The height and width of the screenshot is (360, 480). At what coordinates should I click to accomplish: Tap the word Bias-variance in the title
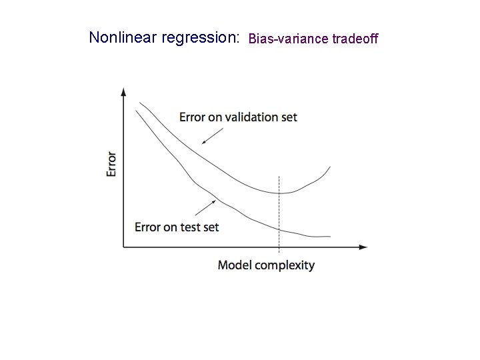tap(287, 39)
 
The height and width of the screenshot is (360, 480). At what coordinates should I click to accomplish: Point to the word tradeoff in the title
tap(355, 39)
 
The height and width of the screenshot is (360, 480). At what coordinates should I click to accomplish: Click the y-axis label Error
tap(112, 164)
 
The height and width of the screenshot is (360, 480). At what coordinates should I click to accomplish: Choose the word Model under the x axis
tap(234, 265)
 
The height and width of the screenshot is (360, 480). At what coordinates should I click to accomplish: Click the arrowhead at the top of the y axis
tap(123, 92)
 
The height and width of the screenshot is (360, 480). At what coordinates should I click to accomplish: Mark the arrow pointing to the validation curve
tap(211, 136)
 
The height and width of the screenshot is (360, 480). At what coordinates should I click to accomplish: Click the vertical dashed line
tap(279, 213)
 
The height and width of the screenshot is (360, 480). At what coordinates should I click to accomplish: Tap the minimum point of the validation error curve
tap(279, 193)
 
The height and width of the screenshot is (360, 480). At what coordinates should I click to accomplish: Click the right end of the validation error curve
tap(330, 167)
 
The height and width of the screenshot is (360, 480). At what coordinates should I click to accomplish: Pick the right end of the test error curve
tap(330, 236)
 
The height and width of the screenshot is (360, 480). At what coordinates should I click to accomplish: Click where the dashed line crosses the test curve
tap(279, 229)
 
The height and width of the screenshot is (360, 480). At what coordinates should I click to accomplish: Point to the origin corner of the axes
tap(123, 247)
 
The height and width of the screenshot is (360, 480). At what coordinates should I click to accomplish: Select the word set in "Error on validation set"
tap(289, 117)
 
